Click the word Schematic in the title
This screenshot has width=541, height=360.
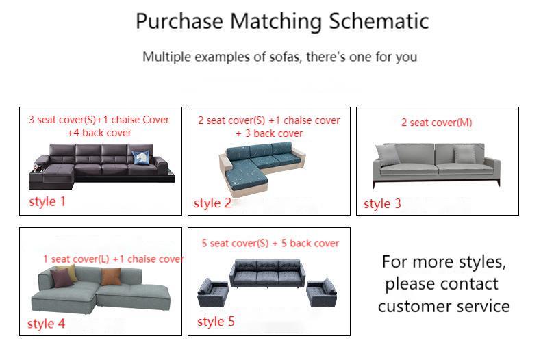point(379,21)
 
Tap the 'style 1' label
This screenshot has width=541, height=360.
point(47,201)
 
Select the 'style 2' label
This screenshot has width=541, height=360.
point(212,203)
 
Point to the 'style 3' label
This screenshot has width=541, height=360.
point(382,203)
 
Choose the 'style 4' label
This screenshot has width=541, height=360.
point(46,324)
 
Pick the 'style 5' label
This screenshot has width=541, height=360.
point(216,321)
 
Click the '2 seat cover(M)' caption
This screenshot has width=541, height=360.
point(436,123)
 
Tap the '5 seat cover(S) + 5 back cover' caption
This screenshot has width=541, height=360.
point(270,243)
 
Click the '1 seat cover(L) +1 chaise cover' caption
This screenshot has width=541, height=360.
point(113,259)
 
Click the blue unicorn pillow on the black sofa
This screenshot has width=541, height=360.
point(142,157)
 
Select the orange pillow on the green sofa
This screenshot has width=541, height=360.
point(111,277)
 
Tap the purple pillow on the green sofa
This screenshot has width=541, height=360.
point(63,277)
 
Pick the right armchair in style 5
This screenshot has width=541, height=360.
point(321,293)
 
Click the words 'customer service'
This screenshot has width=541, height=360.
point(443,306)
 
